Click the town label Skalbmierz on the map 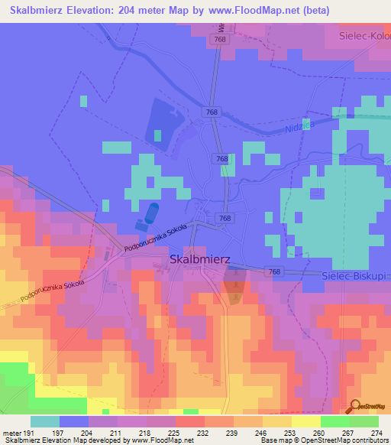(x=200, y=259)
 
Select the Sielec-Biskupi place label (x=354, y=273)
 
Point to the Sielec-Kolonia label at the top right (x=364, y=35)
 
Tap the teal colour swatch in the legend (x=45, y=421)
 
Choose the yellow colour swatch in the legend (x=305, y=421)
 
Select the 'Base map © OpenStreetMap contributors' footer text (x=322, y=440)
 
